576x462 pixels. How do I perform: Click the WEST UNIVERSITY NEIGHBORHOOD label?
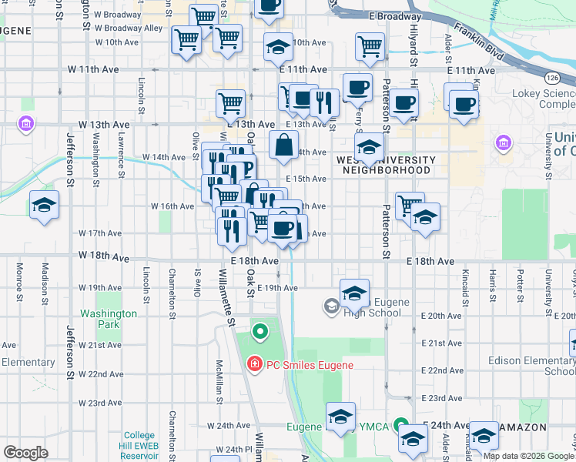point(386,165)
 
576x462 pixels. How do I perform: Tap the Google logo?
point(26,453)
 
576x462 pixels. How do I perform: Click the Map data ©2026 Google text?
point(528,456)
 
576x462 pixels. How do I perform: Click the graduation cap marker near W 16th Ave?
point(44,206)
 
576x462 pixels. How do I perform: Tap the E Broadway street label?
point(395,15)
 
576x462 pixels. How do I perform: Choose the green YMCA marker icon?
point(400,425)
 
